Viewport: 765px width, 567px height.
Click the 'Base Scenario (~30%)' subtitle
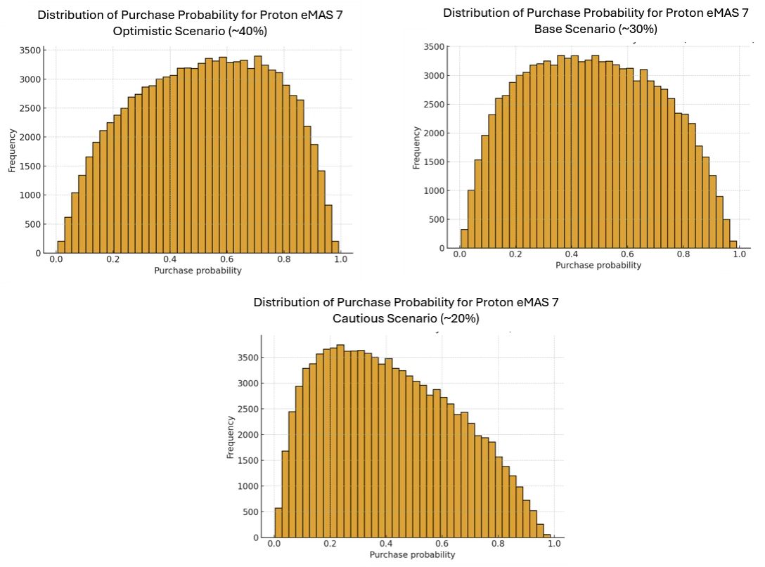[x=596, y=29]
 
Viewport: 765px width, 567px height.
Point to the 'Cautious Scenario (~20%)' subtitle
[x=406, y=318]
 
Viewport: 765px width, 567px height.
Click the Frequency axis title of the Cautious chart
[x=231, y=437]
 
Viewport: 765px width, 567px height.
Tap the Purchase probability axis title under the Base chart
[x=598, y=266]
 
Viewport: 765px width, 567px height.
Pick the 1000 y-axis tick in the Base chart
[x=436, y=190]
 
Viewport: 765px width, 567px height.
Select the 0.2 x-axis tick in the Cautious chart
[x=330, y=544]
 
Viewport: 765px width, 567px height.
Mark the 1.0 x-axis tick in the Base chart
[x=738, y=254]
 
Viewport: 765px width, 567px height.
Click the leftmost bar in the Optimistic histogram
[x=60, y=247]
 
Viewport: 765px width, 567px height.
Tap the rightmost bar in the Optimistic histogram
[x=335, y=247]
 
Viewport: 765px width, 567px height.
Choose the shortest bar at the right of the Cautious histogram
[x=546, y=536]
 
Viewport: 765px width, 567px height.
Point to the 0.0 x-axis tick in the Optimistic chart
[x=56, y=259]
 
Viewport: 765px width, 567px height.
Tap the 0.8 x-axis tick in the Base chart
[x=683, y=254]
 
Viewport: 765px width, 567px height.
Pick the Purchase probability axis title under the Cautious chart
[x=413, y=555]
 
